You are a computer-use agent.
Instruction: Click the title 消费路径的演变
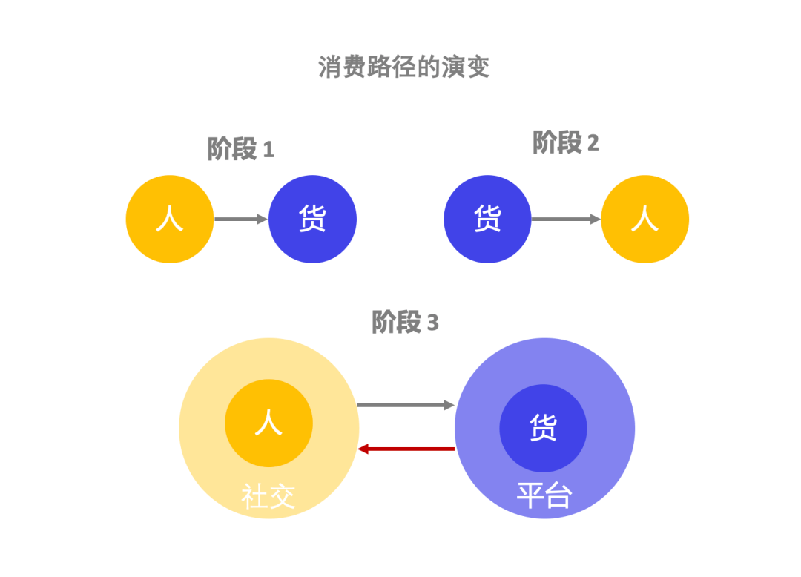click(x=404, y=67)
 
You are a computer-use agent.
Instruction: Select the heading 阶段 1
click(x=240, y=149)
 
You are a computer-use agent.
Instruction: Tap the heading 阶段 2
click(x=565, y=142)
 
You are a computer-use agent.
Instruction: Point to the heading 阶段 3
click(x=404, y=323)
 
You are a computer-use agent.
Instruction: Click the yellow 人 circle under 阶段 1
click(x=170, y=220)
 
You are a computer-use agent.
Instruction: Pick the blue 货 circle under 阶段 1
click(x=312, y=220)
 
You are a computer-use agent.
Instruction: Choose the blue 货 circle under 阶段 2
click(x=487, y=220)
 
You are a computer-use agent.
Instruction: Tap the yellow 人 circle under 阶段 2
click(x=645, y=220)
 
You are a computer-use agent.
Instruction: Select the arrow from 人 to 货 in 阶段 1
click(x=240, y=220)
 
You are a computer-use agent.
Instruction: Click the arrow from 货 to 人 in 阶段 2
click(x=566, y=220)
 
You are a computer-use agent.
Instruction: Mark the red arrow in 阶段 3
click(x=406, y=449)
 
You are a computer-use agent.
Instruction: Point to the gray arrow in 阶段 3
click(x=405, y=405)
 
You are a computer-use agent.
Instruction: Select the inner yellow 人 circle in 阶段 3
click(x=268, y=423)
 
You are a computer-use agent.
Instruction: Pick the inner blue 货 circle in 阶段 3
click(x=543, y=428)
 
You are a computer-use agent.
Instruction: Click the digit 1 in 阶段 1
click(x=268, y=151)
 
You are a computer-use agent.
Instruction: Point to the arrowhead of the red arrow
click(x=363, y=449)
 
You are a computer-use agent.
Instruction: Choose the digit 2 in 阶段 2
click(x=593, y=144)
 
